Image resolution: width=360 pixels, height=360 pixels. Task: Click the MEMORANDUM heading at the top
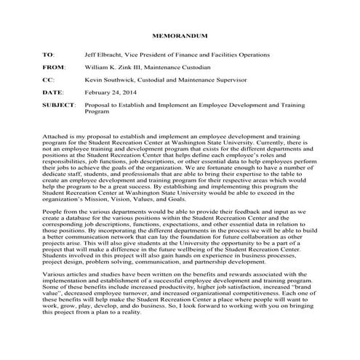click(x=180, y=35)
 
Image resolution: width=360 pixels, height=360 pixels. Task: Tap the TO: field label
click(x=49, y=54)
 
